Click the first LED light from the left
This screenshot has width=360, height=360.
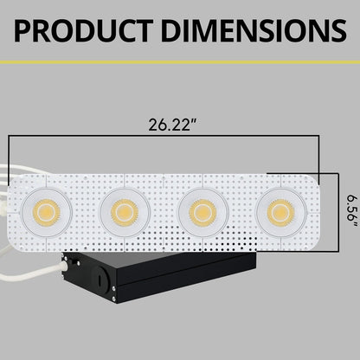[48, 210]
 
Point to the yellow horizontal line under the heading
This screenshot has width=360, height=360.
[180, 62]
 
